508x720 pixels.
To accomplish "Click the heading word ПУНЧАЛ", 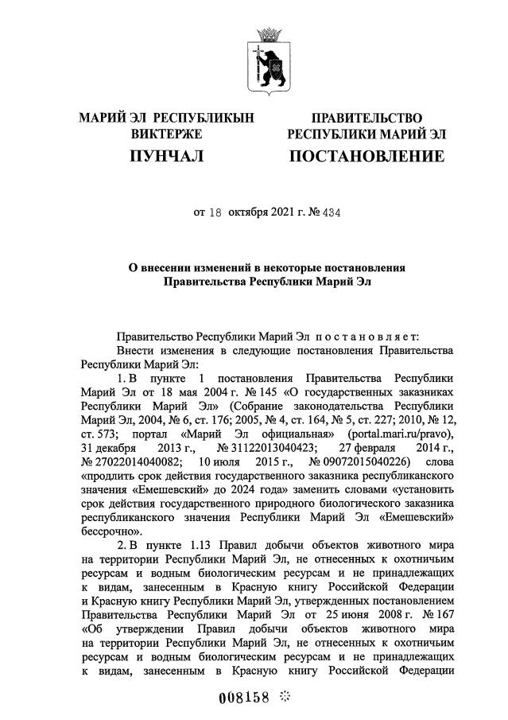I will [x=167, y=156].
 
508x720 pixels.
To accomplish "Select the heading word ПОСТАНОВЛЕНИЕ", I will [x=366, y=156].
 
